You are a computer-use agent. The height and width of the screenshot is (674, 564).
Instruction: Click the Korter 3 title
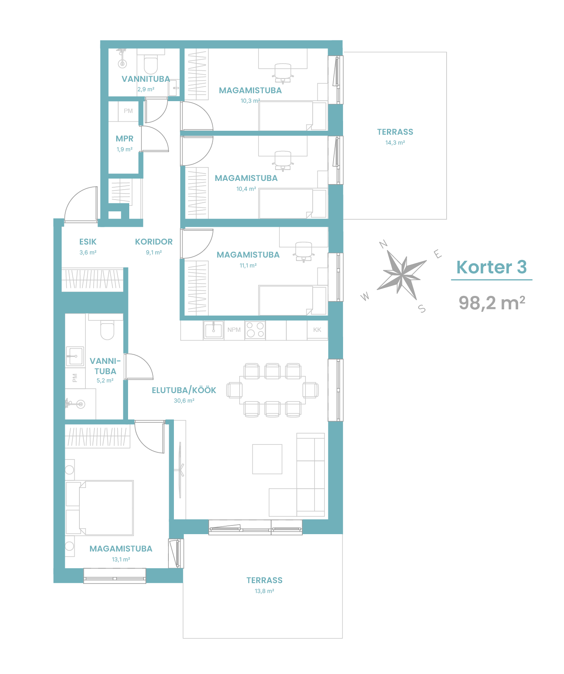point(492,267)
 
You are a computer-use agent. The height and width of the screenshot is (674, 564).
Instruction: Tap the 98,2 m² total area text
point(492,303)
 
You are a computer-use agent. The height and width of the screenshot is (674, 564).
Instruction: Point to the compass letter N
point(383,244)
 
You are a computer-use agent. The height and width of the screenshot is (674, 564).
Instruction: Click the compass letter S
point(422,309)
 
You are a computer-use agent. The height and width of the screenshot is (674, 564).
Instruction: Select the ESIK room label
point(88,242)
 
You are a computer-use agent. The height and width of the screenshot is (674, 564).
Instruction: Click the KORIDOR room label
point(154,242)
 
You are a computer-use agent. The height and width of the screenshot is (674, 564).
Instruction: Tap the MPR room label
point(124,139)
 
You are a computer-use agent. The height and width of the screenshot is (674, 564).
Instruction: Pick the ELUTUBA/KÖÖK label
point(184,390)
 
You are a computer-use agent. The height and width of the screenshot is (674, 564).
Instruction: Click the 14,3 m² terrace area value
point(395,143)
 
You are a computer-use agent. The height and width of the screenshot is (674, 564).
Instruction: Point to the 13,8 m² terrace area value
point(264,591)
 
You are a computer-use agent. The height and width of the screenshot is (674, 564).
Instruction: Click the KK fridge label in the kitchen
point(317,330)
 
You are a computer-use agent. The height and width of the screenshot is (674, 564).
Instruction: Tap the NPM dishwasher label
point(234,330)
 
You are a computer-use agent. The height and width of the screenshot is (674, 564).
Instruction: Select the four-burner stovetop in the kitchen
point(255,330)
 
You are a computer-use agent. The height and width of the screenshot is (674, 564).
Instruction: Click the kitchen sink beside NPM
point(213,330)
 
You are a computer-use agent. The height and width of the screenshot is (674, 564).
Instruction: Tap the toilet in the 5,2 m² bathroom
point(107,330)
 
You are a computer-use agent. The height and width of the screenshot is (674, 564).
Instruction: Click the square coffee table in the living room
point(268,459)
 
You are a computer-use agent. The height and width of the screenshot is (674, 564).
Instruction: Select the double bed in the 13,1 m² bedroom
point(106,508)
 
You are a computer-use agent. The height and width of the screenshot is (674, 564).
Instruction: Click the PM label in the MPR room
point(128,111)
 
